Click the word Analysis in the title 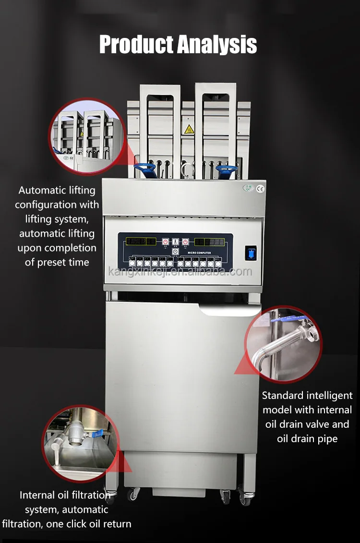coord(217,45)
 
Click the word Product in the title coord(136,45)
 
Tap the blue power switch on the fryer coord(251,253)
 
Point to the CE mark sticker coord(261,188)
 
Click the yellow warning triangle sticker coord(189,129)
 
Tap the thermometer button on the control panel coord(175,242)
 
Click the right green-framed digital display coord(209,241)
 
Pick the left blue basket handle coord(145,168)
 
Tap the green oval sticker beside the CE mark coord(248,188)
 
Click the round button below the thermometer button coord(175,251)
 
